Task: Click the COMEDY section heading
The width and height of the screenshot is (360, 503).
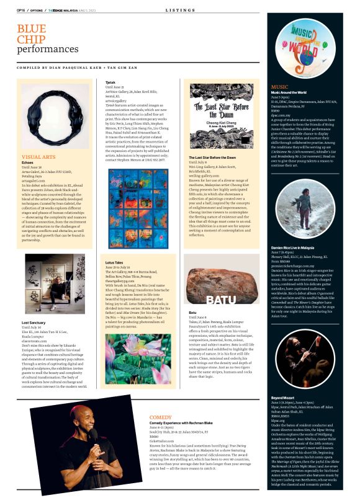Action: (160, 417)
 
